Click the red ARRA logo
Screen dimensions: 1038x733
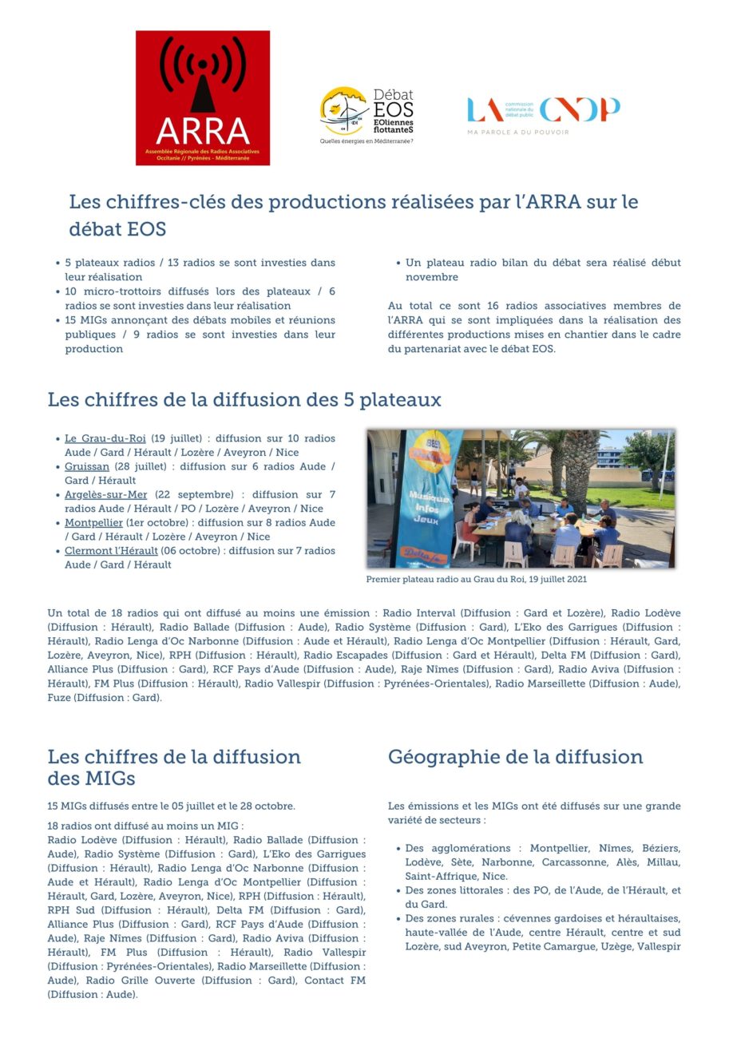(203, 97)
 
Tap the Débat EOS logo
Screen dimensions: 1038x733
(367, 111)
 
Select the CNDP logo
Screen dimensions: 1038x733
(543, 110)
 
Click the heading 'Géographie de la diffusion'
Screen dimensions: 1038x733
(515, 757)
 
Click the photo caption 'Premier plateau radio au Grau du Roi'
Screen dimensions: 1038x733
(476, 580)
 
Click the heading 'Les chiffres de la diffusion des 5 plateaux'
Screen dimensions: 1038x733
(244, 399)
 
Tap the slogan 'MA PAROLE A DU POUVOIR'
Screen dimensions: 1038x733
(518, 132)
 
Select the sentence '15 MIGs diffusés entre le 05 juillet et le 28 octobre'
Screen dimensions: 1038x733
(171, 806)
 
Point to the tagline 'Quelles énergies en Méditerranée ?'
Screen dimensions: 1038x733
(366, 141)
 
